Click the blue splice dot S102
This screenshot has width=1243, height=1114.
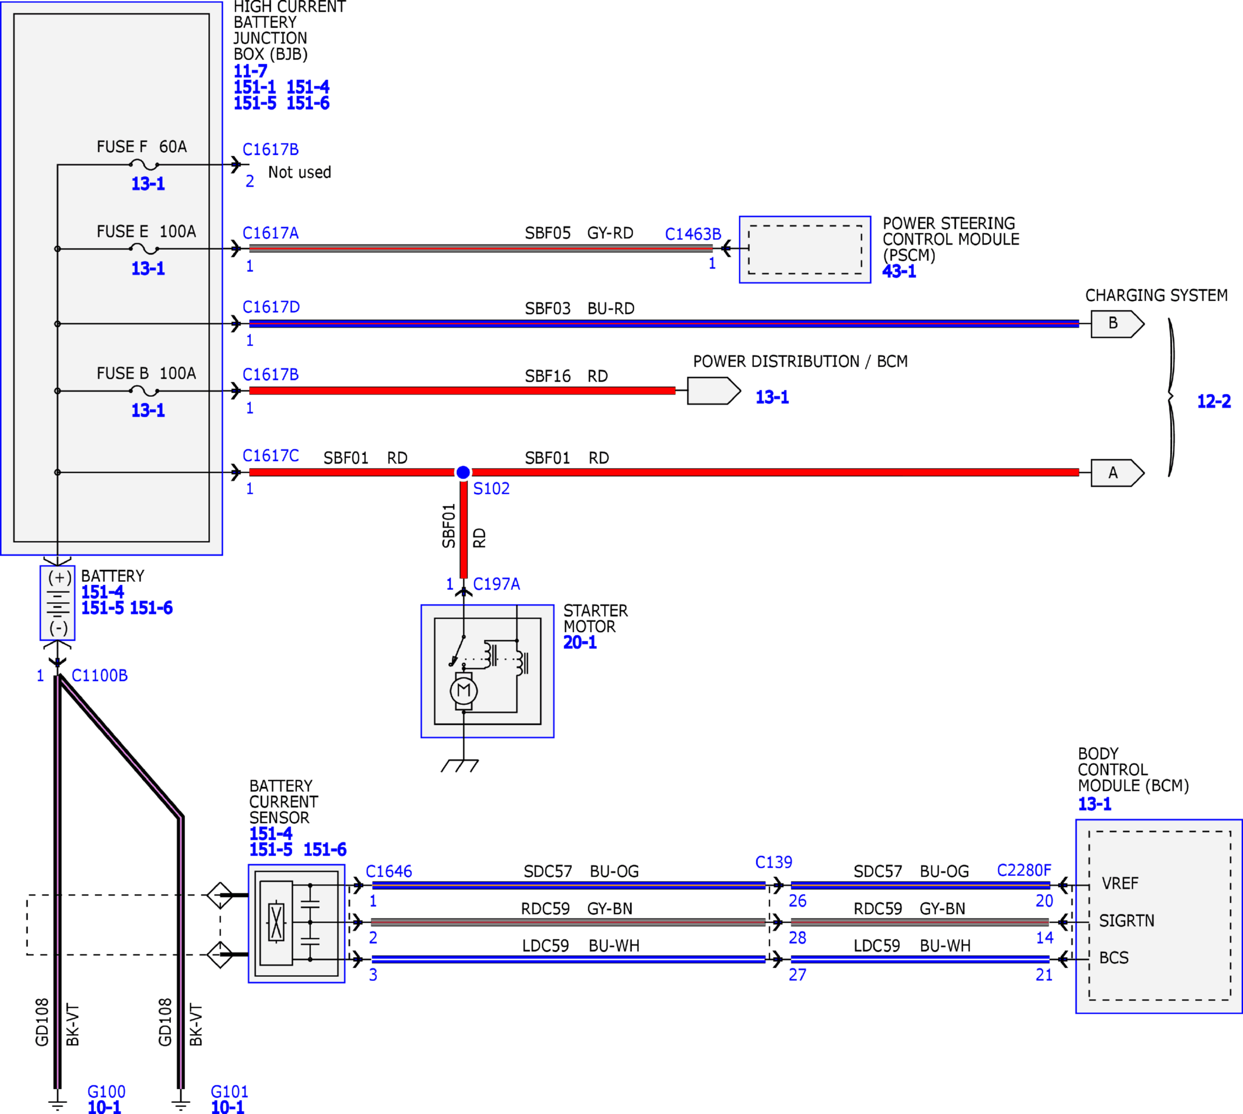tap(463, 473)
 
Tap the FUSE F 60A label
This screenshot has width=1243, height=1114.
tap(141, 147)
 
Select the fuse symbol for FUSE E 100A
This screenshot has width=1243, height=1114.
tap(145, 249)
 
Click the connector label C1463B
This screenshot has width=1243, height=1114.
tap(693, 235)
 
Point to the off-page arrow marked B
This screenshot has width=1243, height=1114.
tap(1118, 324)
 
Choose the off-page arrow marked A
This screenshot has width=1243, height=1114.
tap(1118, 473)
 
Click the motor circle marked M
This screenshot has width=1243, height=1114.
tap(464, 691)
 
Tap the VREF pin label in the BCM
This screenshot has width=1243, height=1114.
tap(1120, 883)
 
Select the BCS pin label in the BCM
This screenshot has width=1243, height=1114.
tap(1114, 958)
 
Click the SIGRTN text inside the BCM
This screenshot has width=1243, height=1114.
tap(1127, 921)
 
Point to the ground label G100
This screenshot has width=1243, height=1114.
tap(106, 1091)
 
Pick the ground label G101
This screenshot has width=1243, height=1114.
tap(229, 1091)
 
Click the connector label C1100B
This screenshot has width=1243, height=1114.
tap(100, 676)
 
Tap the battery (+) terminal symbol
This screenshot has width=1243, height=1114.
tap(59, 578)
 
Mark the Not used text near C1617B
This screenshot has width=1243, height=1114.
tap(299, 173)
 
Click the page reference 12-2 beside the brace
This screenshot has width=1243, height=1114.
tap(1214, 401)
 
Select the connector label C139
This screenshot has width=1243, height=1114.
tap(774, 862)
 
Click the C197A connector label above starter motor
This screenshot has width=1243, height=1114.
tap(497, 584)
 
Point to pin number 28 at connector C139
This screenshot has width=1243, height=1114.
tap(798, 938)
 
